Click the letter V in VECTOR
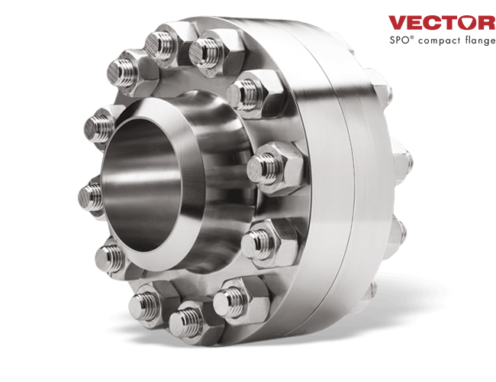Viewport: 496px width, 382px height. [397, 22]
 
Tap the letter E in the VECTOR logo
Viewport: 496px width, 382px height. [414, 22]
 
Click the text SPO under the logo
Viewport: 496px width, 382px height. [398, 38]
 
